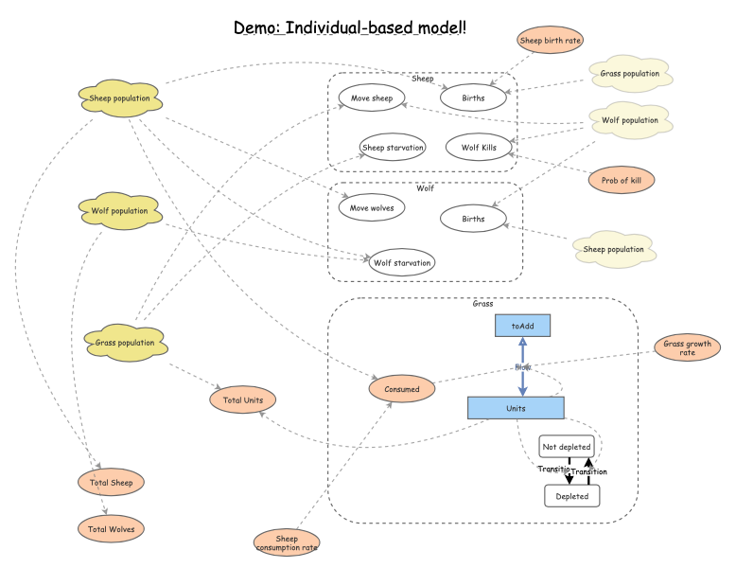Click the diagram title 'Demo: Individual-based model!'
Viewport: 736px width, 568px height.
tap(350, 27)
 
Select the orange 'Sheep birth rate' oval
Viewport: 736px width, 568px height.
tap(550, 40)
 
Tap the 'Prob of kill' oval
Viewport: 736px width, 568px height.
tap(621, 179)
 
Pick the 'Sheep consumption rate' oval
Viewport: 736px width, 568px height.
tap(287, 542)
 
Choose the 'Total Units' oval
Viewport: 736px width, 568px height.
tap(243, 400)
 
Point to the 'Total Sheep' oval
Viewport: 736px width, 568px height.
tap(111, 483)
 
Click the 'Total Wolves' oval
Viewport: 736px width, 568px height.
tap(111, 528)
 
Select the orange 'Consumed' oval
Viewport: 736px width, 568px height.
tap(401, 388)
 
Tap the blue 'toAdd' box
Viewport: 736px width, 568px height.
tap(522, 326)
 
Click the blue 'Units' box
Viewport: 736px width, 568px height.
tap(516, 408)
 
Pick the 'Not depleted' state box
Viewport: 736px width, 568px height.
tap(567, 447)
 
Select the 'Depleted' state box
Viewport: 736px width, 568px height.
tap(572, 496)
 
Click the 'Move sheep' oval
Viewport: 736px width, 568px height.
tap(372, 98)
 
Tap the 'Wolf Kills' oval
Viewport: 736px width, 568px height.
tap(479, 148)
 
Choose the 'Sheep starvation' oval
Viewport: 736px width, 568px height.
tap(392, 148)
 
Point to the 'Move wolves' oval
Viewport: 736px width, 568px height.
tap(372, 207)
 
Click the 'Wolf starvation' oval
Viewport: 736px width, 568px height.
tap(402, 262)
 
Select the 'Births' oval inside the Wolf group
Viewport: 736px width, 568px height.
tap(473, 219)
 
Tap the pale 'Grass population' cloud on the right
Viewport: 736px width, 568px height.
tap(629, 73)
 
